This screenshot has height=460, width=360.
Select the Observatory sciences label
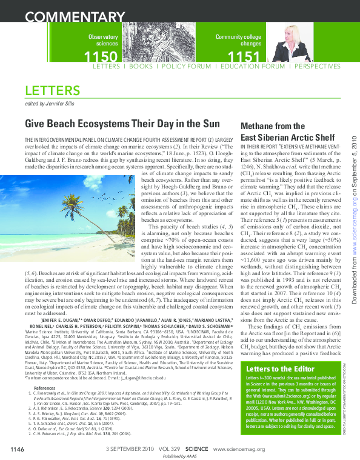pyautogui.click(x=103, y=41)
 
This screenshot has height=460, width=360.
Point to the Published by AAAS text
pyautogui.click(x=179, y=455)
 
